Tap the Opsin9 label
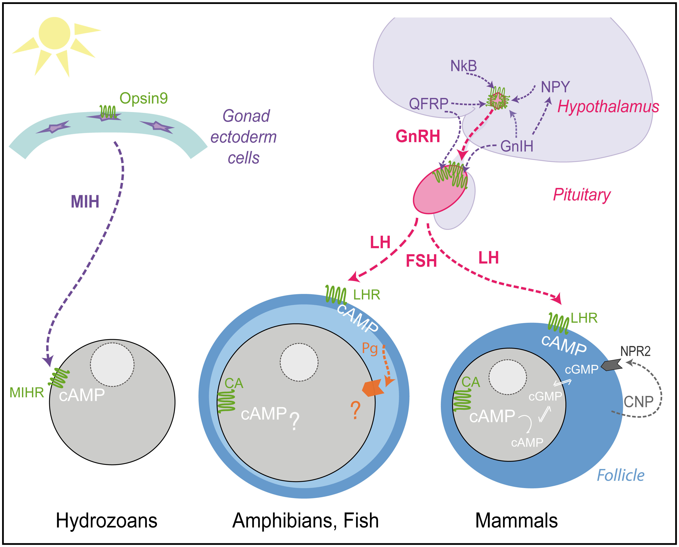(x=144, y=98)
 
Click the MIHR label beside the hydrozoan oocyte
(x=27, y=393)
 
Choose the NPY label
(x=555, y=87)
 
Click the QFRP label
(x=429, y=104)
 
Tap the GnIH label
(x=517, y=146)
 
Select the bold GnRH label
(x=418, y=136)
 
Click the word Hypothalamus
(x=608, y=107)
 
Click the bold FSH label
(x=421, y=261)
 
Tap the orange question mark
(x=355, y=410)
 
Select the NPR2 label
(x=635, y=351)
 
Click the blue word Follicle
(x=621, y=475)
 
